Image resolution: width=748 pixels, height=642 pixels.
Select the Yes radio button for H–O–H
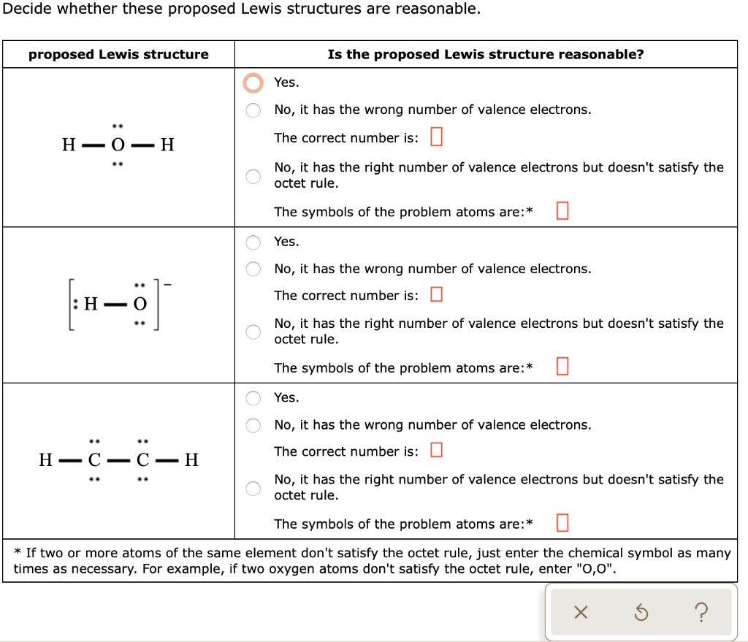(253, 83)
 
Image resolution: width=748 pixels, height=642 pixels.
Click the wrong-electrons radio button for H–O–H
(253, 110)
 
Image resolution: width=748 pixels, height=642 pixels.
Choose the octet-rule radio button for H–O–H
(253, 176)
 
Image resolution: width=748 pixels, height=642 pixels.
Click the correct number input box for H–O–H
(436, 137)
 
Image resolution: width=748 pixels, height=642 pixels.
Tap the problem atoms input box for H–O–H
(562, 212)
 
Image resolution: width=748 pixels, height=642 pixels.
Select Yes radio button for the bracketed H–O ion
(253, 242)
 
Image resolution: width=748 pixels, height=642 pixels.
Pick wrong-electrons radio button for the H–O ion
(253, 270)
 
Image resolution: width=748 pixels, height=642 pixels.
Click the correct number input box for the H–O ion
(436, 295)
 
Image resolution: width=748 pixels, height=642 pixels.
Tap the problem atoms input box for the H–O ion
(562, 367)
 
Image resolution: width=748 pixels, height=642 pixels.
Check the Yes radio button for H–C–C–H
(253, 398)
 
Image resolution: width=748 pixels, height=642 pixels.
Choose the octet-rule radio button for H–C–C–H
(253, 488)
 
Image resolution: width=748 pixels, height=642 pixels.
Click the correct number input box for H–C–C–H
(436, 451)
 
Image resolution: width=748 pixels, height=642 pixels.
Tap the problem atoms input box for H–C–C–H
(562, 524)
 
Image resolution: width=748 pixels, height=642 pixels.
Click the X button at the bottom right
(580, 613)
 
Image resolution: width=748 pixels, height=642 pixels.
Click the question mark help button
(701, 613)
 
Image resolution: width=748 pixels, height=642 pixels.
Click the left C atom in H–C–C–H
(93, 460)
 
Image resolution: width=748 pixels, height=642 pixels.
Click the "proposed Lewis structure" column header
(118, 55)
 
